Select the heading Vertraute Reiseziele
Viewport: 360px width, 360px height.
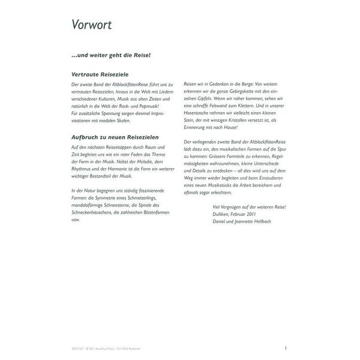tap(99, 75)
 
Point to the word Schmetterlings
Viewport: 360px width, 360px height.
tap(142, 197)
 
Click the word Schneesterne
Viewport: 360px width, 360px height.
tap(122, 204)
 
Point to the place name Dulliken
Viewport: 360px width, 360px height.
tap(223, 214)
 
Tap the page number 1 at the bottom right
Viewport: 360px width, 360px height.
tap(286, 347)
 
